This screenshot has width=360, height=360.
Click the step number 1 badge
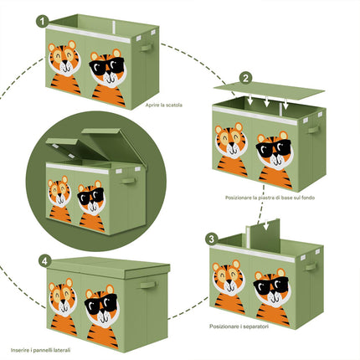coord(42,22)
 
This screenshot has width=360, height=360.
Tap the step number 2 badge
coord(245,78)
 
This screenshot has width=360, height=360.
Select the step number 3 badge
coord(212,239)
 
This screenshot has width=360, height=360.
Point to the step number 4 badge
coord(44,261)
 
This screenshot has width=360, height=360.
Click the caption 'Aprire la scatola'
coord(164,105)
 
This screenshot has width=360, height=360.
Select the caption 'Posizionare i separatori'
coord(239,327)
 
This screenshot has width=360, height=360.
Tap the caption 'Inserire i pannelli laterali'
coord(40,350)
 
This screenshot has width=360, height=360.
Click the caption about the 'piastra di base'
coord(270,198)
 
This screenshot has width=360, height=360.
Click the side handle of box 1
coord(147,48)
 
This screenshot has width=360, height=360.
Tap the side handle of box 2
coord(313,130)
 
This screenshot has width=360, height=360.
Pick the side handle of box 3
coord(311,267)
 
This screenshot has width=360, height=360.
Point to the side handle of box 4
coord(147,285)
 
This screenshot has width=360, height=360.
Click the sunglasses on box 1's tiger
coord(106,66)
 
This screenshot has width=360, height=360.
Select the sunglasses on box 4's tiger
coord(101,303)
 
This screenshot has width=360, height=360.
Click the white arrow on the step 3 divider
coord(266,224)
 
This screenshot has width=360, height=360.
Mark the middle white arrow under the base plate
coord(266,101)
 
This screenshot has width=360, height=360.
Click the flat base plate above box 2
coord(269,90)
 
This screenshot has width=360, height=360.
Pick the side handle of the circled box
coord(128,181)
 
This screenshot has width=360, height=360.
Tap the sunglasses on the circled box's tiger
coord(90,196)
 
